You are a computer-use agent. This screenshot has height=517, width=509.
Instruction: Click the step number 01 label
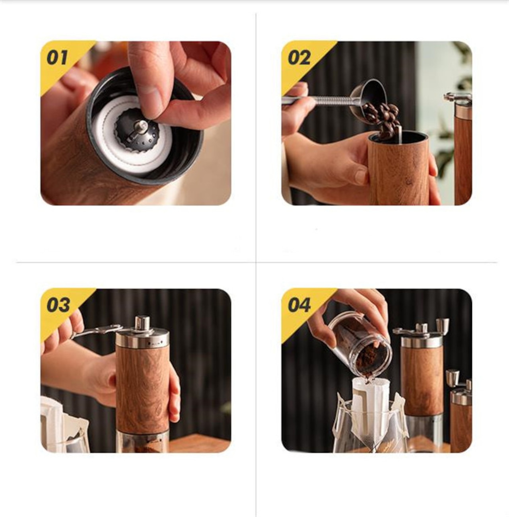[57, 58]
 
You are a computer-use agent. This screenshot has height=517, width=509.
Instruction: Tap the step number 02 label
[299, 58]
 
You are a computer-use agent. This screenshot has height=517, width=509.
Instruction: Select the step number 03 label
[58, 305]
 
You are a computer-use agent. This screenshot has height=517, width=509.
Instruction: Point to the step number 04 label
[299, 305]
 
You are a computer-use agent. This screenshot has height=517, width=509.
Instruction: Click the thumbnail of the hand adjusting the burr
[136, 123]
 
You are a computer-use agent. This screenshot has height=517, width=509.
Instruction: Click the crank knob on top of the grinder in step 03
[142, 322]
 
